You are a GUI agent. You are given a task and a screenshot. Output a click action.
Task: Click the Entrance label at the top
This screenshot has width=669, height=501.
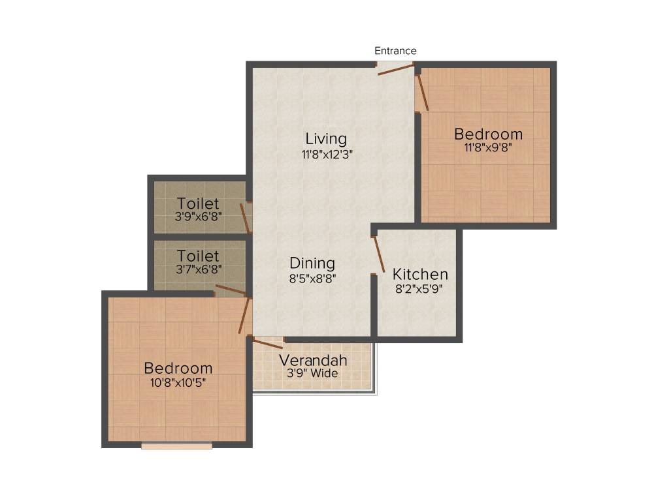click(395, 51)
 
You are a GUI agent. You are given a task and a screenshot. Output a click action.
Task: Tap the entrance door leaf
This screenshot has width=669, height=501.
click(395, 70)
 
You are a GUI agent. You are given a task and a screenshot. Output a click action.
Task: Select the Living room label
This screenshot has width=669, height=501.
click(326, 139)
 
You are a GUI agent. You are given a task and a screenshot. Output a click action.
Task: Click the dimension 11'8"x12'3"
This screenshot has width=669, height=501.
click(326, 155)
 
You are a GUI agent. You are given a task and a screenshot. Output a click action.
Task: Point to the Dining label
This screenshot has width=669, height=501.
click(312, 264)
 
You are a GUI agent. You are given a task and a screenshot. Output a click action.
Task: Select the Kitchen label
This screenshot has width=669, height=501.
click(420, 275)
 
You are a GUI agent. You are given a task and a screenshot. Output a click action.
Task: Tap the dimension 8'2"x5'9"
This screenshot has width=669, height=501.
click(419, 289)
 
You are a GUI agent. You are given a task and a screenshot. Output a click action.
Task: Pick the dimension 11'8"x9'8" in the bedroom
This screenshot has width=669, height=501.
click(488, 148)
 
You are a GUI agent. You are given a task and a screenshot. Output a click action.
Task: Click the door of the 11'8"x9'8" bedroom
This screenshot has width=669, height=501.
click(423, 92)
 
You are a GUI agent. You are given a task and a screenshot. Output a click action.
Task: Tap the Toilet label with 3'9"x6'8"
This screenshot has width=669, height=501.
click(198, 204)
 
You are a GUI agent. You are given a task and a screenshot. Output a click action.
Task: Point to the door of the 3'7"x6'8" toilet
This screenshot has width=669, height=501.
click(231, 290)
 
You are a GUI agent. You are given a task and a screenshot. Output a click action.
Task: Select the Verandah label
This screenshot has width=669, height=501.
click(314, 361)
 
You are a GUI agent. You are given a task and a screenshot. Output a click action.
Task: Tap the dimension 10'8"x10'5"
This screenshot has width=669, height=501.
click(178, 383)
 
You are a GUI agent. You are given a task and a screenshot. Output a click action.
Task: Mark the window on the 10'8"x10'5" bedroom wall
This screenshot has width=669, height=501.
click(177, 447)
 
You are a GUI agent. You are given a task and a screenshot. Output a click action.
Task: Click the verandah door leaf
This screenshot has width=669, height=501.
click(268, 342)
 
